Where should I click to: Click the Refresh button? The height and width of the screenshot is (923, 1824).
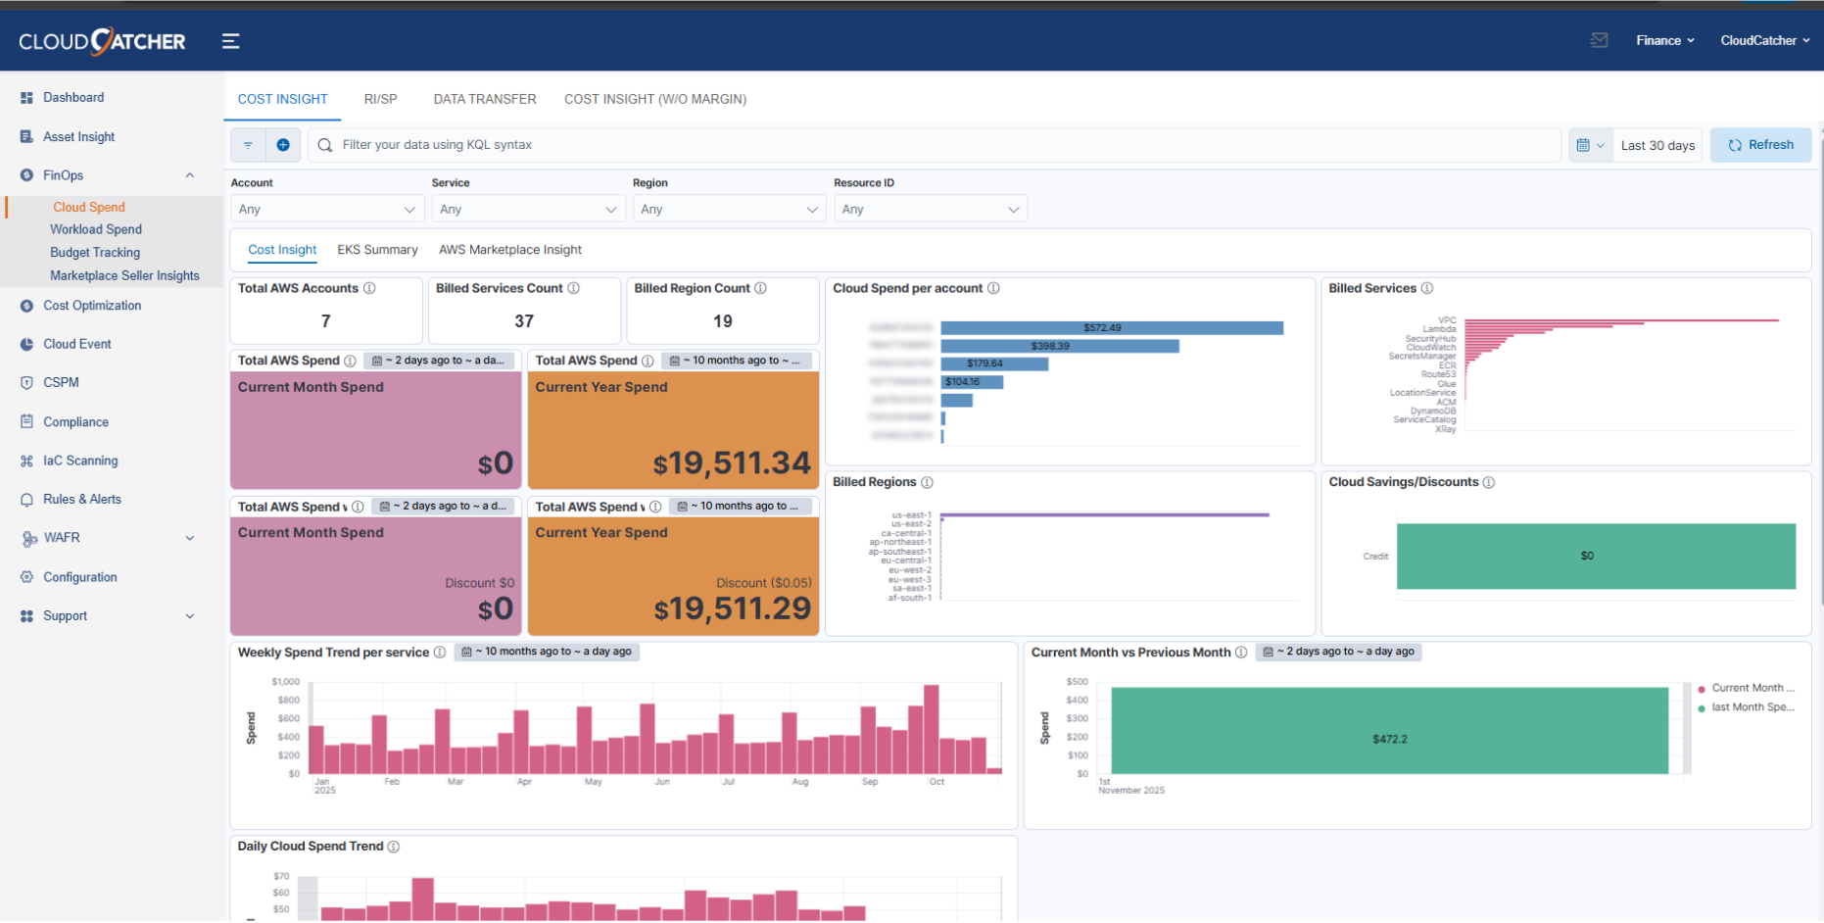click(1760, 145)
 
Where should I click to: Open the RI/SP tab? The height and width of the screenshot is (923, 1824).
click(380, 99)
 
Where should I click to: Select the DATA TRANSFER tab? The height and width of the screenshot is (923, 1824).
click(484, 99)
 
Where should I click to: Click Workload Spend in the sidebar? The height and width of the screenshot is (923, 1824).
click(96, 229)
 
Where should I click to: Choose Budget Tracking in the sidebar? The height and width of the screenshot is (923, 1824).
click(95, 253)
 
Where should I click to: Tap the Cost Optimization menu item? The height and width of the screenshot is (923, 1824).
click(92, 306)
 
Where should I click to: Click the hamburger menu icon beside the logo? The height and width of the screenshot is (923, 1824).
click(230, 41)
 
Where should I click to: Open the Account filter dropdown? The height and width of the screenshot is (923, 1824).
click(326, 210)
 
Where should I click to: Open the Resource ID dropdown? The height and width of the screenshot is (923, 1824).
click(930, 210)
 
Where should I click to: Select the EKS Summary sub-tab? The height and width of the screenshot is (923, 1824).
click(377, 250)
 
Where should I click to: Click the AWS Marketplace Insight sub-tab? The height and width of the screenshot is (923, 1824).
click(509, 250)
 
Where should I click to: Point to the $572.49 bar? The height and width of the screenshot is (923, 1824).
click(1111, 328)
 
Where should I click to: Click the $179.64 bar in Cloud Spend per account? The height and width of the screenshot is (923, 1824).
click(993, 364)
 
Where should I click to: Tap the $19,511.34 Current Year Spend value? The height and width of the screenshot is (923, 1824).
click(732, 463)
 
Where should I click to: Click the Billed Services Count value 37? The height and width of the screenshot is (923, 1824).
click(524, 321)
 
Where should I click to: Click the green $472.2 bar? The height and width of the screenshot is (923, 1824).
click(1388, 732)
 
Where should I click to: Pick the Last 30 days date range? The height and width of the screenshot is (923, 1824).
click(1656, 145)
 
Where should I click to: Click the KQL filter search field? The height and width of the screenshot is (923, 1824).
click(931, 145)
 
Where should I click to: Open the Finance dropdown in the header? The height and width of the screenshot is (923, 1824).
click(1664, 40)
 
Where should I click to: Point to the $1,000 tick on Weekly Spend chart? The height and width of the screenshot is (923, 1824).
click(285, 682)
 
